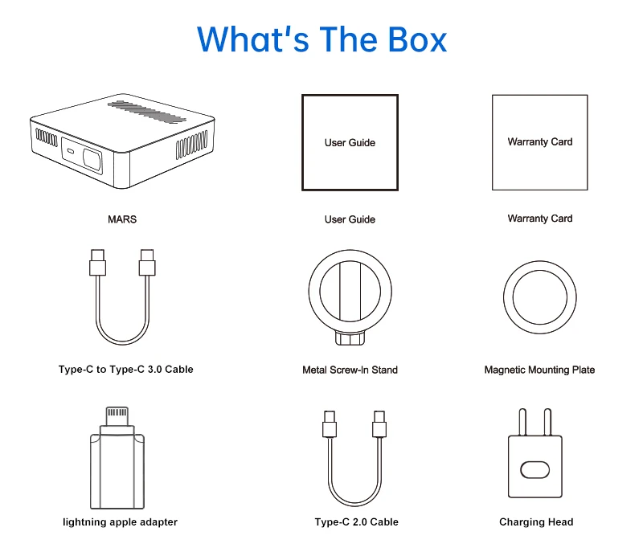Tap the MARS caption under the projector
tap(122, 219)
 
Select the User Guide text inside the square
tap(350, 143)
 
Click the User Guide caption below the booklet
tap(350, 219)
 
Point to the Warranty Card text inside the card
tap(540, 142)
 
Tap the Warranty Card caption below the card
tap(540, 219)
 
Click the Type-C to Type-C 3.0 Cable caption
tap(126, 370)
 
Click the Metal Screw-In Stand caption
tap(350, 370)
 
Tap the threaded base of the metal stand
tap(350, 339)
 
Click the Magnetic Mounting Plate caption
tap(539, 370)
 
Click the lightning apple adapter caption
tap(121, 522)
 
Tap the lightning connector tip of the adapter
tap(117, 417)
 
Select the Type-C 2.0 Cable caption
tap(356, 522)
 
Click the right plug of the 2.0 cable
tap(379, 423)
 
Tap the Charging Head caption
tap(536, 522)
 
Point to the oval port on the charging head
tap(536, 468)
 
